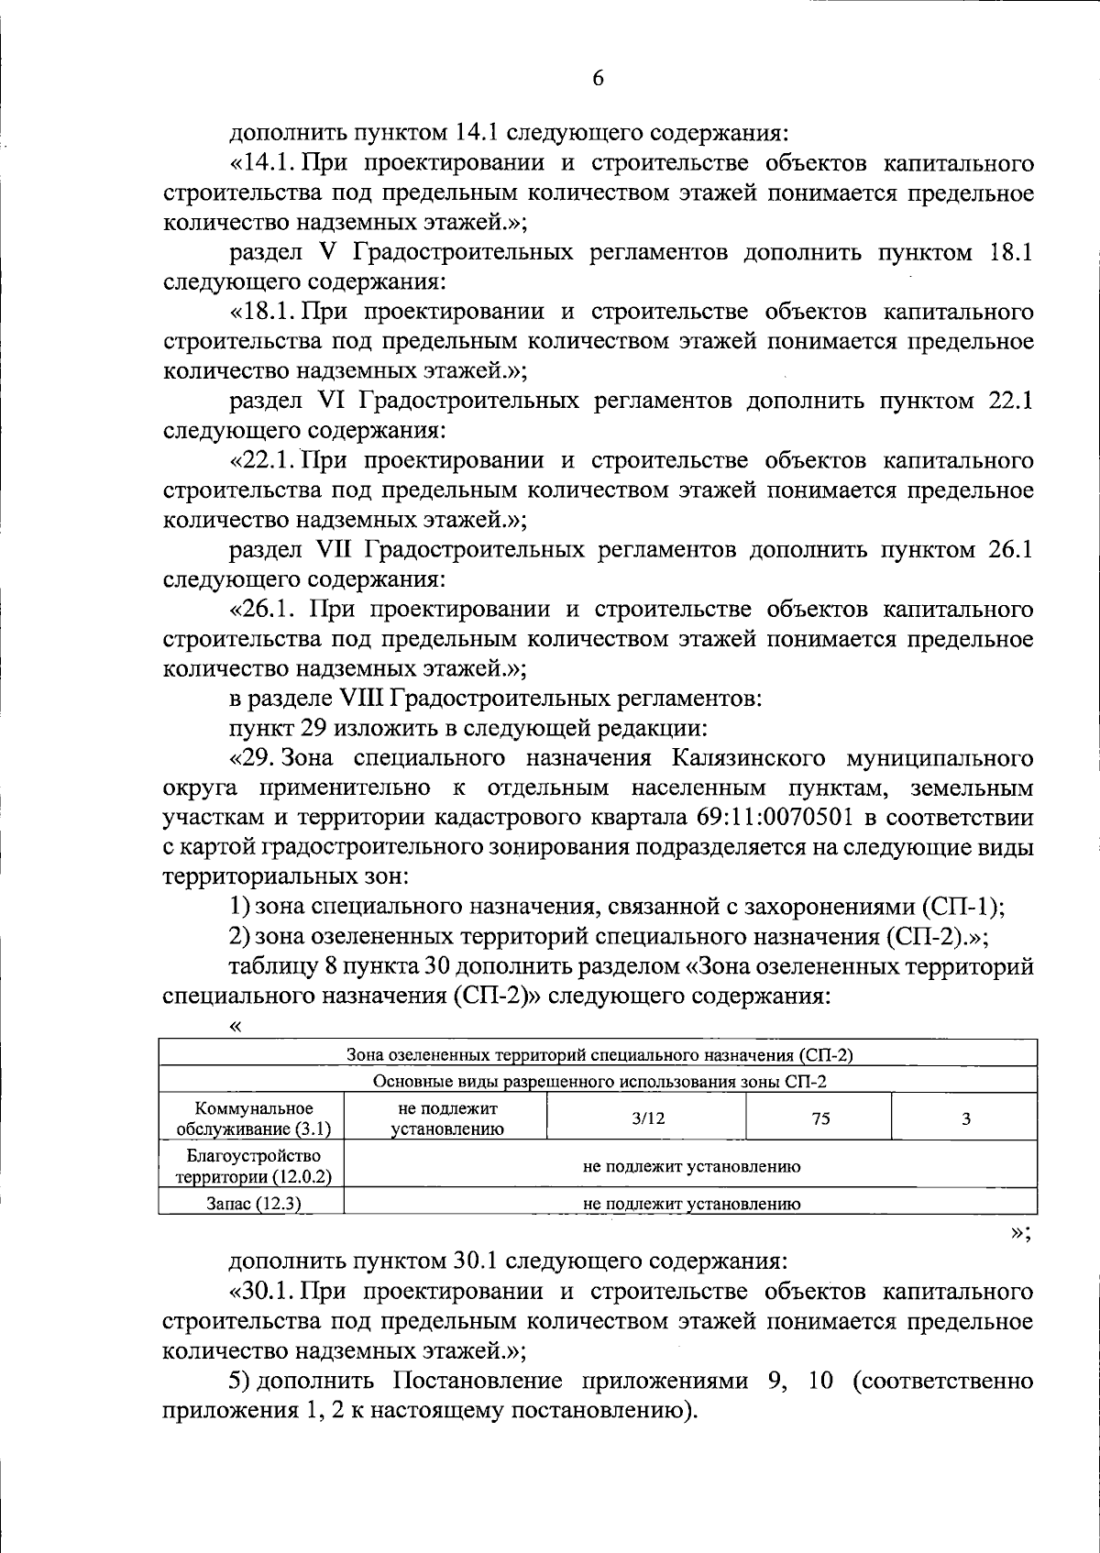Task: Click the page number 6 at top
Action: (x=598, y=78)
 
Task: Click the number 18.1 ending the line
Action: (x=1011, y=252)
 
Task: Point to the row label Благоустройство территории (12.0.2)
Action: (x=252, y=1165)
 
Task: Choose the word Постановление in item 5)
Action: (x=474, y=1381)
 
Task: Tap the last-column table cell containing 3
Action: (x=965, y=1118)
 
